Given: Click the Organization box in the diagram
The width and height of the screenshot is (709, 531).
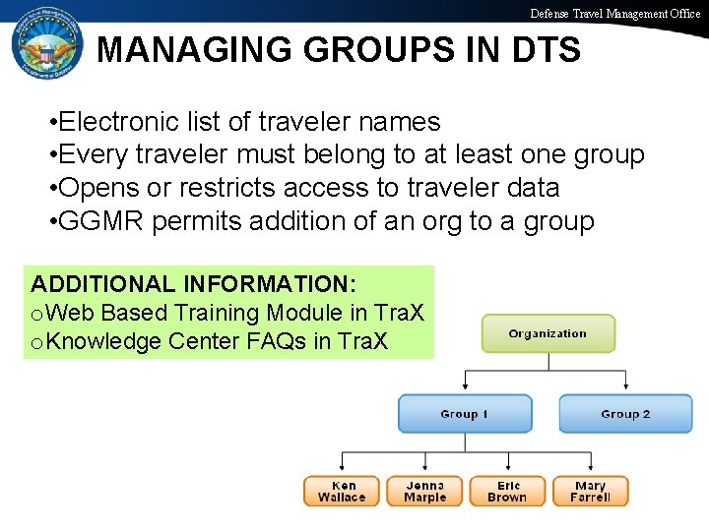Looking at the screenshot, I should (548, 333).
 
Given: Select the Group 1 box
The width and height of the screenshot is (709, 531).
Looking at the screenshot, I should (464, 414).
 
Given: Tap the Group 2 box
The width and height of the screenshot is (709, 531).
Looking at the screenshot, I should (625, 414).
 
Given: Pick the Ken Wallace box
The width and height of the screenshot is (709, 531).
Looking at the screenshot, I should (344, 491).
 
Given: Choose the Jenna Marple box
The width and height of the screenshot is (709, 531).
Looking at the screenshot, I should (425, 491).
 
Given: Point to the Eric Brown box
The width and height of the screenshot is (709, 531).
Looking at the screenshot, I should (507, 491).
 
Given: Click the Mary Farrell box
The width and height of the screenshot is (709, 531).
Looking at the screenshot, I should (590, 491).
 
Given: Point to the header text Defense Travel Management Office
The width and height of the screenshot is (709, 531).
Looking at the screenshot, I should (615, 14).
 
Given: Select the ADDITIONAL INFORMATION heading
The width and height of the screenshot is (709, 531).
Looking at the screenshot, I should (193, 284).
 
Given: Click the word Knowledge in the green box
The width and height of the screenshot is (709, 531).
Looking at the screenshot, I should (102, 341).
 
